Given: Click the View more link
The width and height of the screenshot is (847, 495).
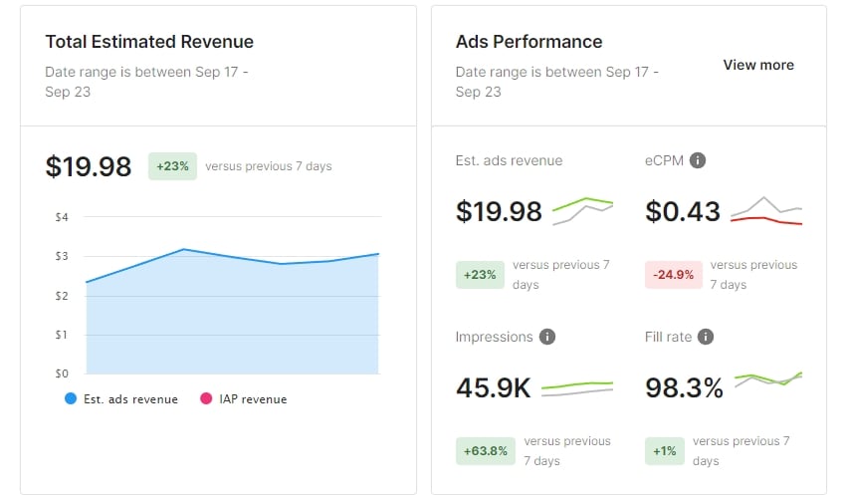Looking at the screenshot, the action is coord(758,65).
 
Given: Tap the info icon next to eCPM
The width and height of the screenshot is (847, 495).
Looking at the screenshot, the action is coord(698,160).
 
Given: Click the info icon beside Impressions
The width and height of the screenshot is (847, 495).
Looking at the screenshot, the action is coord(547,337).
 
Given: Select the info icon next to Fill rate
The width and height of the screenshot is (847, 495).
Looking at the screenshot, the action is coord(706,337).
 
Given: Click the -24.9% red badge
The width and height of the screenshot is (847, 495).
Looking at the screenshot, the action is coord(674,275).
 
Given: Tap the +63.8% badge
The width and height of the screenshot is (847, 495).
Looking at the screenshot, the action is coord(485,451).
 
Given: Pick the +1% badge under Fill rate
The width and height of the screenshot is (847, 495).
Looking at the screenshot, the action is coord(665,451).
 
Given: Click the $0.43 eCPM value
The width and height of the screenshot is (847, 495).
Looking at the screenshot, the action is coord(683,211).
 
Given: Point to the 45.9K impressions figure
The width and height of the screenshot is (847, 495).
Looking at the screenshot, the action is coord(494,387).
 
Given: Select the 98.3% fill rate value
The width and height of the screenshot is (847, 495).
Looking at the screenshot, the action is coord(684,387).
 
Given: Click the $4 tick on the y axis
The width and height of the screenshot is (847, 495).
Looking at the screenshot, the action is coord(62,217).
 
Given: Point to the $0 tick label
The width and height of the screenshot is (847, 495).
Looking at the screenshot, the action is coord(62,373).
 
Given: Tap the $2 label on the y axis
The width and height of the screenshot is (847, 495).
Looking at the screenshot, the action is coord(62,296).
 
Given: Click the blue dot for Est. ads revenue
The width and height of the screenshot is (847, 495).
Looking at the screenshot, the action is coord(71,398).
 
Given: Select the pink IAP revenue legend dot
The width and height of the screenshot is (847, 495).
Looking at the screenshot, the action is coord(206,398).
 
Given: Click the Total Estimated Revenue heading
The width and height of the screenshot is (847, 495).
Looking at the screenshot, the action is coord(149,42).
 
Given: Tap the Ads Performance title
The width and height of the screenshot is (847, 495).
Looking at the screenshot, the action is coord(529,42).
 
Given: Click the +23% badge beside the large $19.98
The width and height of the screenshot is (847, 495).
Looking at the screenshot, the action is coord(172,166).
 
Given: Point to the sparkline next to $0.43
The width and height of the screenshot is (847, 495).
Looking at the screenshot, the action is coord(766,211).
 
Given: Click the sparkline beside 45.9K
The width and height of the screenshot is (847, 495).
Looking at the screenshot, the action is coord(577,389).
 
